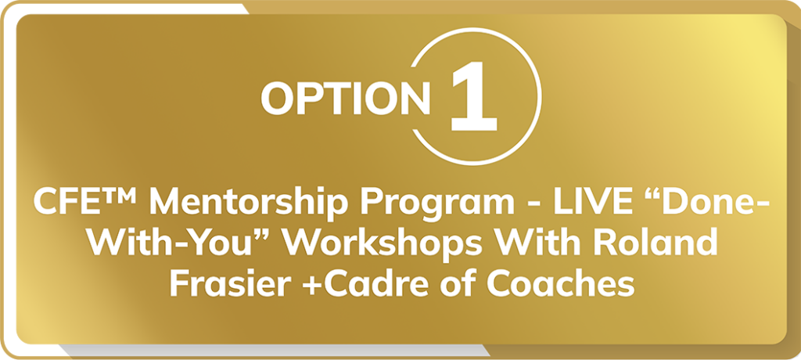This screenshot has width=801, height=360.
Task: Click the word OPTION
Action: pos(345,99)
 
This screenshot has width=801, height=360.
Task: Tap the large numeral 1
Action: pos(473,95)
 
